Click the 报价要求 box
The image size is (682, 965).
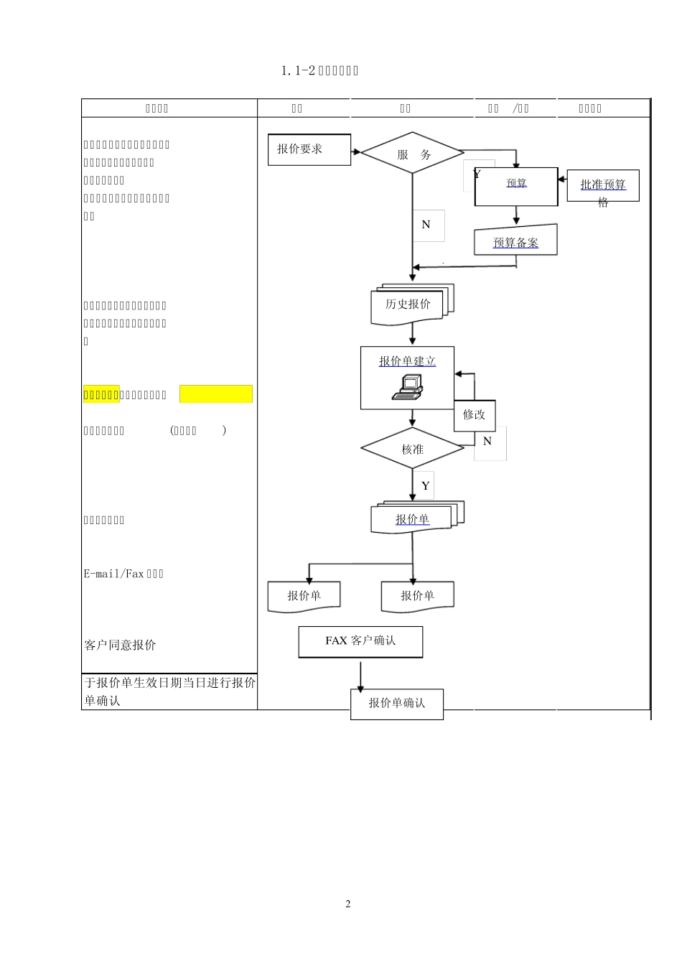[309, 149]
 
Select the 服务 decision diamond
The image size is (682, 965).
[412, 153]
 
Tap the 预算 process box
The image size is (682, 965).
[516, 186]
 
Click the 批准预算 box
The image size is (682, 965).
[603, 186]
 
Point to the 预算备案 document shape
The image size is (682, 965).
[515, 242]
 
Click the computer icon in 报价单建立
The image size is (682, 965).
[406, 387]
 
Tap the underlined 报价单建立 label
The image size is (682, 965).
[407, 361]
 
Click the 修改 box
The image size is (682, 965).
[475, 415]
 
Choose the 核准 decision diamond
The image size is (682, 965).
[413, 449]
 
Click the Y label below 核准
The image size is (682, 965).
[425, 486]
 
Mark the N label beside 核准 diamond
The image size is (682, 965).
[487, 442]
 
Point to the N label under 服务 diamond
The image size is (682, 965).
[426, 225]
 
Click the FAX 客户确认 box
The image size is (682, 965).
[360, 641]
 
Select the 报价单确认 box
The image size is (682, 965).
[396, 704]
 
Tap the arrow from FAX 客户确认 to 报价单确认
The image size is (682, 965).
[360, 676]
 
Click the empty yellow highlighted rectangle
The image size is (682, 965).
[215, 394]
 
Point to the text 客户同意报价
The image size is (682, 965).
[120, 645]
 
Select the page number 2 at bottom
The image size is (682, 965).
[348, 903]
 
